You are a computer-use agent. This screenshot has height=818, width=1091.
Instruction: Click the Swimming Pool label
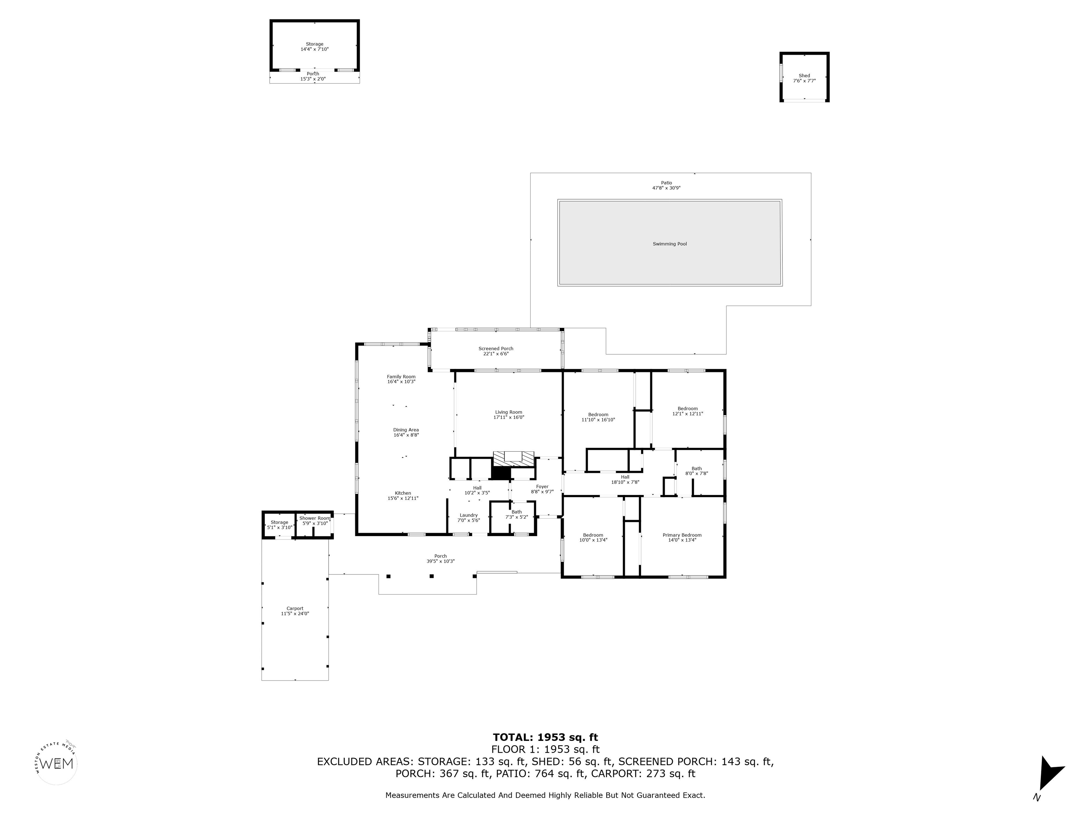click(x=669, y=244)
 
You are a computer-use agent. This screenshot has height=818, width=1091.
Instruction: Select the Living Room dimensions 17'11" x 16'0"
click(x=509, y=418)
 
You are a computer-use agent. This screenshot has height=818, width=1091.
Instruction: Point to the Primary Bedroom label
click(x=682, y=535)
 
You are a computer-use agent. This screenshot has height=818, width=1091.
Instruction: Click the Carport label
click(x=295, y=609)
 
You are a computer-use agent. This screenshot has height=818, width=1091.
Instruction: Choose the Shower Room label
click(x=314, y=518)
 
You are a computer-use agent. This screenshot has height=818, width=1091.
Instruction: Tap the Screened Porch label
click(x=496, y=349)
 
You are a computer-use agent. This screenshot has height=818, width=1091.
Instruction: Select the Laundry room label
click(x=468, y=515)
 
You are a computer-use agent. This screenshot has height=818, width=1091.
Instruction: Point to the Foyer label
click(x=542, y=487)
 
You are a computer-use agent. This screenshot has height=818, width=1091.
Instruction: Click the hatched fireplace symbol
click(x=514, y=458)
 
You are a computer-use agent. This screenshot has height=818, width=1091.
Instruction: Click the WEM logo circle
click(x=57, y=764)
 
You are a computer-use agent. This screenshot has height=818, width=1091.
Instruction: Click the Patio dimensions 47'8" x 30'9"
click(x=666, y=188)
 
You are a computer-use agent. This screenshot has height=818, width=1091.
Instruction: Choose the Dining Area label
click(x=406, y=430)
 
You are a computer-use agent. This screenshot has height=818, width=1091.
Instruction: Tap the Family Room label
click(x=401, y=377)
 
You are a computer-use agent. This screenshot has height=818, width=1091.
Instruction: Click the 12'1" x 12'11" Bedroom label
click(x=687, y=409)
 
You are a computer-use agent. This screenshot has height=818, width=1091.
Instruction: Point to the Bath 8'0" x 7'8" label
click(x=696, y=469)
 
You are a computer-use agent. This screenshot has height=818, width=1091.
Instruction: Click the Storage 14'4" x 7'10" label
click(x=314, y=44)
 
